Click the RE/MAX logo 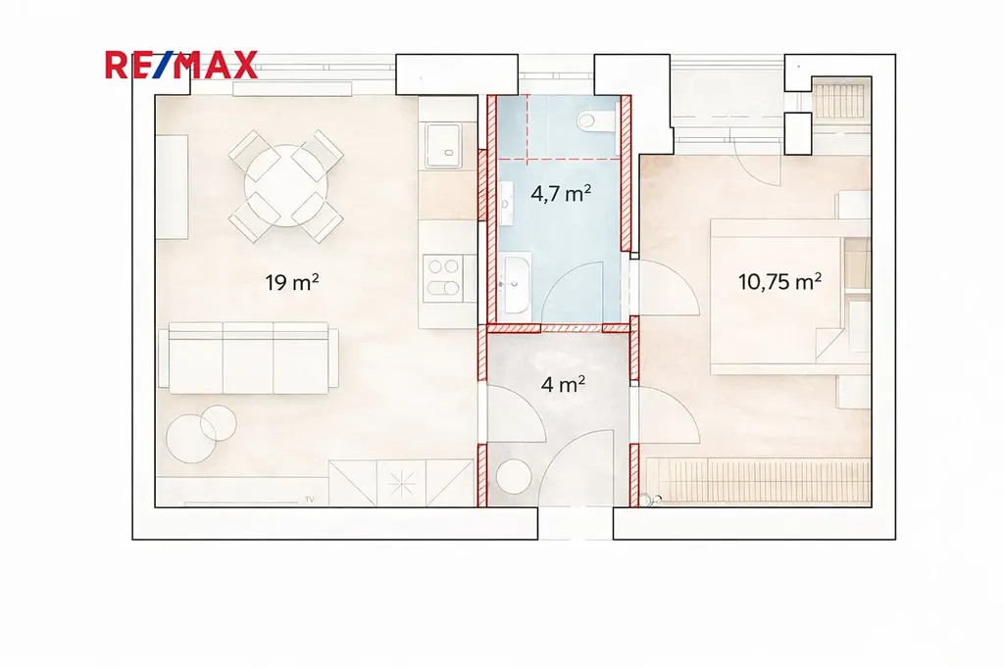[181, 65]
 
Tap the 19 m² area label [292, 281]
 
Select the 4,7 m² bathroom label [560, 193]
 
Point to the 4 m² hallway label [562, 384]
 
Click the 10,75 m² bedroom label [779, 281]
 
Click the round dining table [286, 186]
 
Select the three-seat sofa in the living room [248, 358]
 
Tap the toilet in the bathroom [596, 119]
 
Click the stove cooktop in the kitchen [443, 278]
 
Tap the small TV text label [309, 500]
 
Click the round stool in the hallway [514, 477]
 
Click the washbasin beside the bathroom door [516, 284]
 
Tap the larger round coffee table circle [191, 439]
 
